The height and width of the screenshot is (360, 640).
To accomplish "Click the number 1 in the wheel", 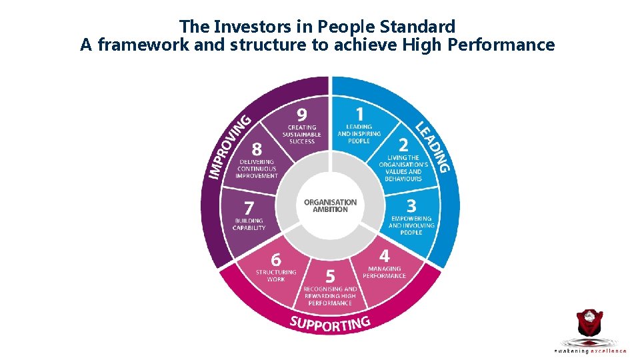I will coord(359,114).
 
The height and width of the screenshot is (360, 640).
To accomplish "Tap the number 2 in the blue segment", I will coord(403,145).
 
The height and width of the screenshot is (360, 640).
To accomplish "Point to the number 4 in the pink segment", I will coord(385,256).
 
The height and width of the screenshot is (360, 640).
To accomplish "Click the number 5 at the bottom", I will coord(330,275).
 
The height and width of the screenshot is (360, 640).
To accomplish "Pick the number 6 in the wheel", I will coord(275,258).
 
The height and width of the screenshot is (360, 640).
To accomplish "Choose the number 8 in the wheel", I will coord(257,147).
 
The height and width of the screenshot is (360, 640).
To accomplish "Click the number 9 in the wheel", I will coord(302,114).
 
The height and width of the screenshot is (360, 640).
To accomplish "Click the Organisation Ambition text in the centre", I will coord(330,205).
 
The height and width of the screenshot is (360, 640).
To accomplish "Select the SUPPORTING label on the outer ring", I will coord(330,323).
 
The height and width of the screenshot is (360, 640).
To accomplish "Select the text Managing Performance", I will coord(384,272).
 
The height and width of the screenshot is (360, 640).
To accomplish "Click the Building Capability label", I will coord(249,224).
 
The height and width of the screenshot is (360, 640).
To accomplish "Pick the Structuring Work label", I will coord(276,275).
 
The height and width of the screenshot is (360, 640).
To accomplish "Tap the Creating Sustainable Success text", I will coord(302,134).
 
